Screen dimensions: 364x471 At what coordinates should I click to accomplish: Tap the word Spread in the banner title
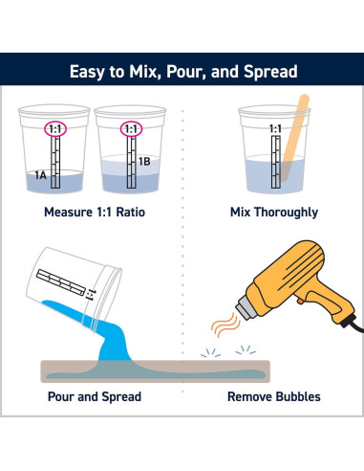pos(270,72)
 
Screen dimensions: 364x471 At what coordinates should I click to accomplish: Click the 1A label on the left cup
pos(41,175)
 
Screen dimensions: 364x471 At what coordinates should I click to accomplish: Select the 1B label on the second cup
pos(144,162)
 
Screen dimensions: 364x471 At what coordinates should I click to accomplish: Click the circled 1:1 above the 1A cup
pos(55,129)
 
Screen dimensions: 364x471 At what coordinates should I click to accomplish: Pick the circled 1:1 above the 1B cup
pos(131,129)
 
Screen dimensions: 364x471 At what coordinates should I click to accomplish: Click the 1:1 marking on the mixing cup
pos(275,129)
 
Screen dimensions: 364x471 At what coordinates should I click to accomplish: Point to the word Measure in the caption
pos(68,213)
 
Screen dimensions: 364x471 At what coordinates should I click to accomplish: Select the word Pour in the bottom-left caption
pos(61,396)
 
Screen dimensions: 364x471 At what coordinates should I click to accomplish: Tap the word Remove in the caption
pos(250,396)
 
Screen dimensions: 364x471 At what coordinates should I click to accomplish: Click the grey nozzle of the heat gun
pos(246,306)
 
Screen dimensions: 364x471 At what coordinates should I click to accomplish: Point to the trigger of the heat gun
pos(300,301)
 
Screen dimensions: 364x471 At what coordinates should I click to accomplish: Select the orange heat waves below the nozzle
pos(225,325)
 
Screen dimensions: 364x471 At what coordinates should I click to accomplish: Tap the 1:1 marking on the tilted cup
pos(90,295)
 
